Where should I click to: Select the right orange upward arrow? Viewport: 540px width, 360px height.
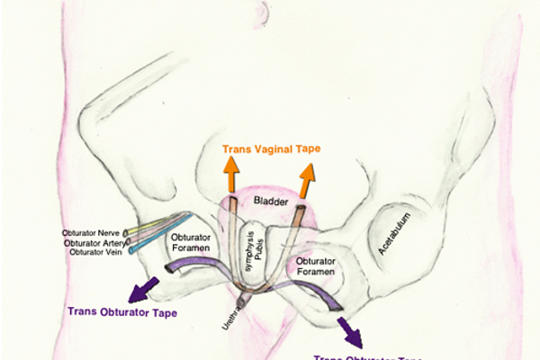pos(308,184)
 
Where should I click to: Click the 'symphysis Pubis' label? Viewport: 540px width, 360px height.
pos(256,245)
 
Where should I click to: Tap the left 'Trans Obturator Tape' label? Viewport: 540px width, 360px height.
pos(123,312)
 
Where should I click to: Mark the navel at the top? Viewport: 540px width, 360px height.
pos(261,11)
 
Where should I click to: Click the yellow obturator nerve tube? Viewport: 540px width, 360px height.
pos(158,223)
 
